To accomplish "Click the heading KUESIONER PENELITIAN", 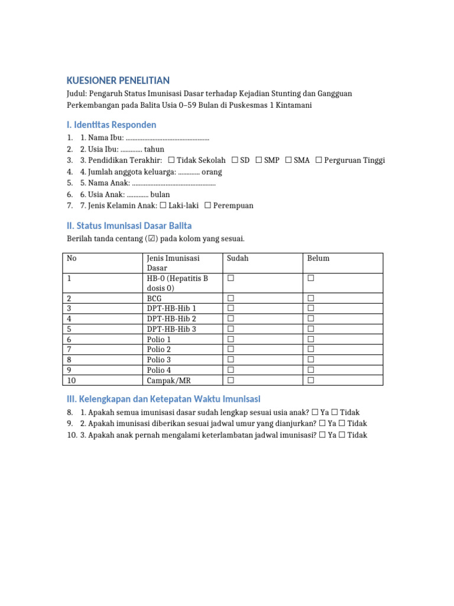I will (x=118, y=80).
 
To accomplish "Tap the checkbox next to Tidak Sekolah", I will (x=171, y=160).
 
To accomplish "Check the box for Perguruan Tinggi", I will (x=319, y=160).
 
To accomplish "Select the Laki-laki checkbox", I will (x=163, y=205).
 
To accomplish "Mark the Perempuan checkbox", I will (x=207, y=205).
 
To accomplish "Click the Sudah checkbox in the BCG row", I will (x=231, y=299).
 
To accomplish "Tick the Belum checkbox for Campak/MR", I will (x=310, y=380).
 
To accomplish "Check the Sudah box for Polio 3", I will (x=231, y=360).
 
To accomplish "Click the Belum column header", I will (x=318, y=259).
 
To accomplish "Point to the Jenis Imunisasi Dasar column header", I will (x=173, y=263).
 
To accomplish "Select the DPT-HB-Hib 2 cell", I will (x=171, y=319).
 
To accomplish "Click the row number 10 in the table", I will (x=72, y=380).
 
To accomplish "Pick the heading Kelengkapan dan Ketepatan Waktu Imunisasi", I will (x=163, y=399).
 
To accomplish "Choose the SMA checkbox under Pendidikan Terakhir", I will (x=288, y=160).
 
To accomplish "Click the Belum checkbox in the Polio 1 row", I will (x=310, y=339).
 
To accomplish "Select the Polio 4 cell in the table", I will (x=159, y=370).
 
